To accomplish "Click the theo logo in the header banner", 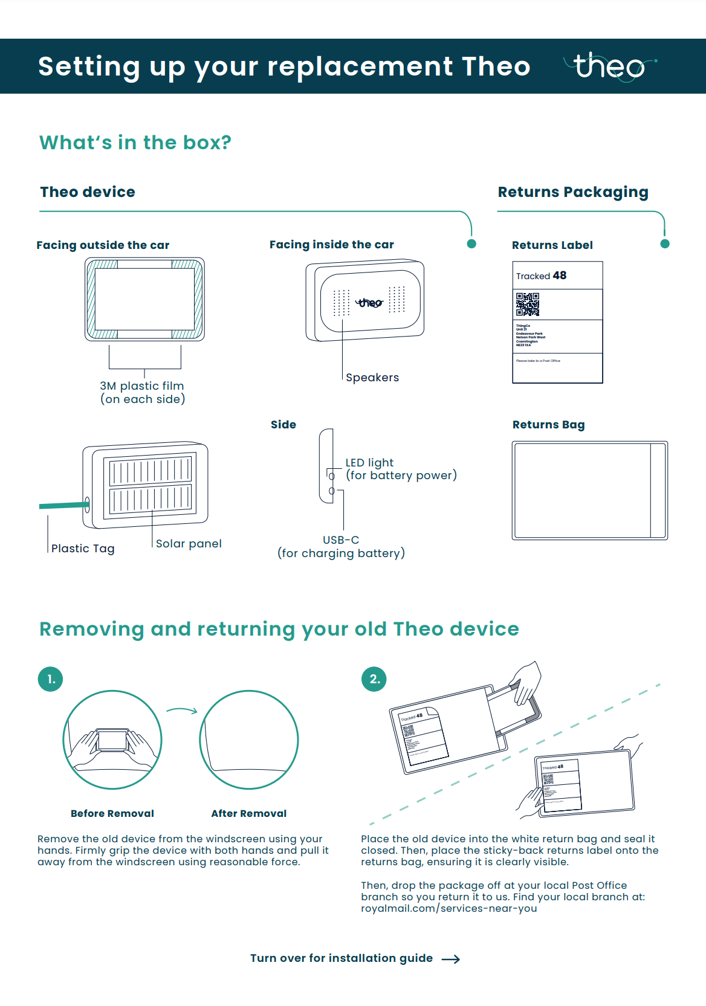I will pos(609,66).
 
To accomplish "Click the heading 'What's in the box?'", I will pos(135,143).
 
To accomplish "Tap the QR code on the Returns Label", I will pos(527,305).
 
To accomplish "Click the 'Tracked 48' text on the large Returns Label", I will pos(541,276).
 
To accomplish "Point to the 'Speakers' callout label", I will pos(372,378).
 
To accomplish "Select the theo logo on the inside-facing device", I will pos(369,302).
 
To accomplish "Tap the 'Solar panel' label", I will pos(189,544).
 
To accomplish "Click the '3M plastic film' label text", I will pos(142,386).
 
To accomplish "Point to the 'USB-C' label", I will pos(341,540).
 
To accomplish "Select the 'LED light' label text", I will pos(369,463).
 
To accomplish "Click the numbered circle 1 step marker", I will pos(51,679).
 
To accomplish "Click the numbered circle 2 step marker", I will pos(374,679).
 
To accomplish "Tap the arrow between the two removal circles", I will pos(182,711).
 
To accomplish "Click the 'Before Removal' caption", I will pos(112,814).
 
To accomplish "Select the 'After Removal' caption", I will pos(249,814).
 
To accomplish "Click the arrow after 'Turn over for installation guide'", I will pos(451,959).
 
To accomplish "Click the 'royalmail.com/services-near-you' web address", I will pos(449,909).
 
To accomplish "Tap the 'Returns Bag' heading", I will pos(548,425).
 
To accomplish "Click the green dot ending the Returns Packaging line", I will pos(665,244).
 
